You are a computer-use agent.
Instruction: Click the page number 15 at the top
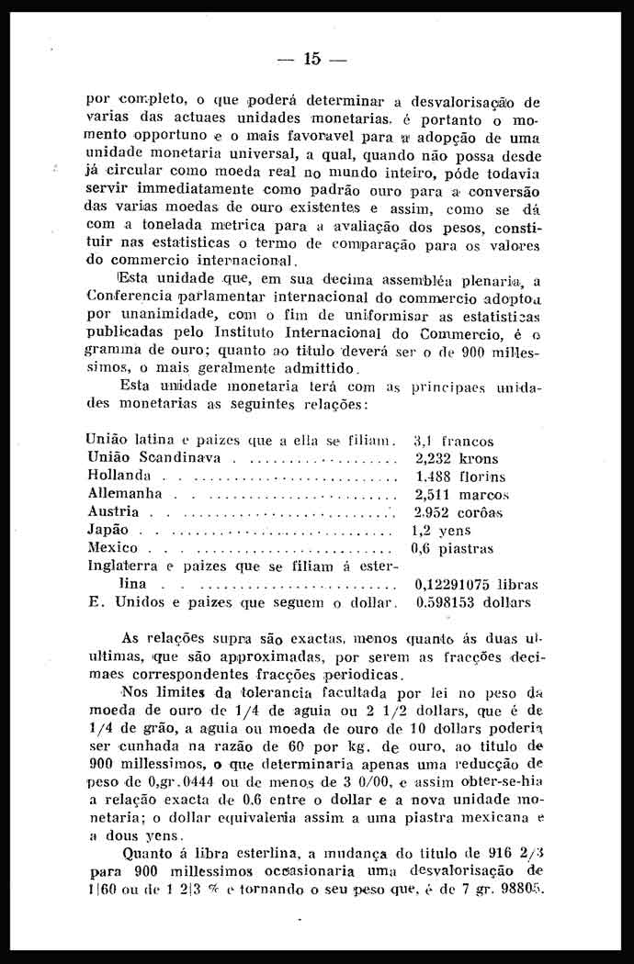point(311,59)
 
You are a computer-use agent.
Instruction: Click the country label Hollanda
point(119,476)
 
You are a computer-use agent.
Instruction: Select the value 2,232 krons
point(457,459)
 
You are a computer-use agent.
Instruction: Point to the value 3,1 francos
point(454,442)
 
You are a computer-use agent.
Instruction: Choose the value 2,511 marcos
point(462,495)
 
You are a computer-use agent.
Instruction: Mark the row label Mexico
point(112,548)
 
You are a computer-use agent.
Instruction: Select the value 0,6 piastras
point(452,549)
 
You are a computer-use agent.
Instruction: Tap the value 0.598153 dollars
point(473,603)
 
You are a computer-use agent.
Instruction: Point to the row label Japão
point(108,531)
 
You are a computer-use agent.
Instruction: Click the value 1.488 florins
point(460,476)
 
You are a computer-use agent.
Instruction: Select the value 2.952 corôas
point(459,512)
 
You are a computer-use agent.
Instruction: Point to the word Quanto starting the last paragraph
point(147,855)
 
